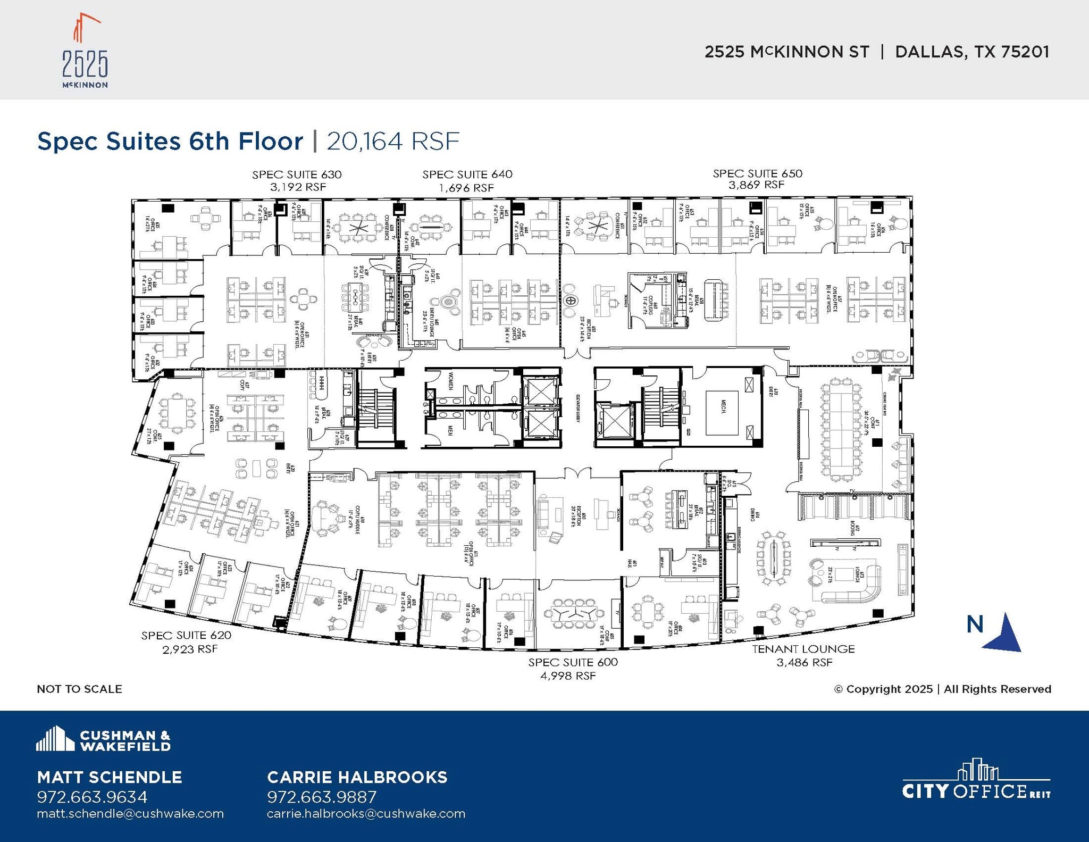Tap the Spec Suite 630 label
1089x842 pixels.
[297, 174]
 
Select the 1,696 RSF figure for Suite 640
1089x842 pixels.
[466, 188]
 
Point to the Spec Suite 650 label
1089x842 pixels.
[757, 173]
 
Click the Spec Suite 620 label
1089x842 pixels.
[186, 635]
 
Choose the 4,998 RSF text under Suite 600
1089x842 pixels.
[568, 676]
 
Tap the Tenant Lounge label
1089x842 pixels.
[803, 649]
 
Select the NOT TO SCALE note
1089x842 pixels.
[79, 689]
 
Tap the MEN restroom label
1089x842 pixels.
[450, 430]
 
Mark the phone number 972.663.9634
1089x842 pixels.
[92, 797]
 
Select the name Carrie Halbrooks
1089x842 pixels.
[357, 777]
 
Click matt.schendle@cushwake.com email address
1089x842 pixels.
[130, 814]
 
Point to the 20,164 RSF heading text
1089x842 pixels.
[392, 141]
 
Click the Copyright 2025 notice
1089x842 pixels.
[942, 689]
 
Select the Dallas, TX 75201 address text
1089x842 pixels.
[972, 52]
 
